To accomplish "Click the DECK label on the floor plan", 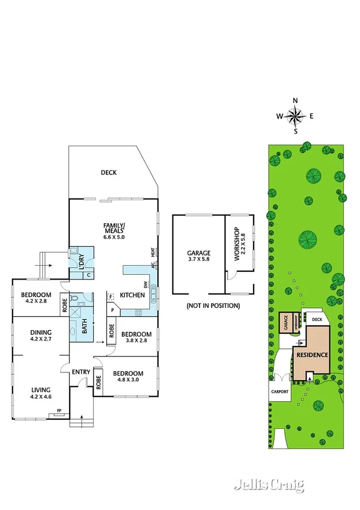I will click(x=109, y=173).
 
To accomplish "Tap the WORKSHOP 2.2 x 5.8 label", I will click(x=238, y=247).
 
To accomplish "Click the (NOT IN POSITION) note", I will click(x=213, y=306).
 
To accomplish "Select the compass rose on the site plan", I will click(x=295, y=115).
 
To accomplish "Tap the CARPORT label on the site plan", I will click(x=279, y=392).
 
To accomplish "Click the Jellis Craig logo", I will click(x=268, y=485).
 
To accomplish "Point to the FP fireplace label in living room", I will click(x=59, y=411).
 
